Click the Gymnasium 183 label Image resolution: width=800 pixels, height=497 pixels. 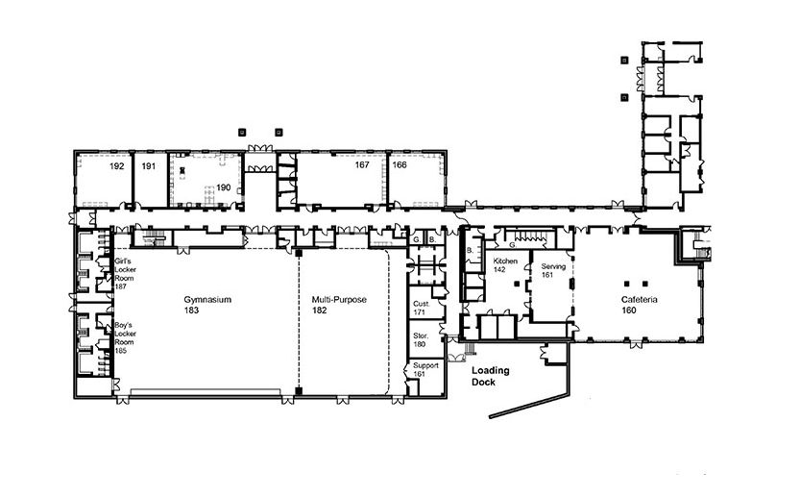[x=207, y=305]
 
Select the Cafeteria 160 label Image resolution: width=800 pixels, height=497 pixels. [x=639, y=305]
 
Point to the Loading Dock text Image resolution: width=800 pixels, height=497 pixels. [x=491, y=376]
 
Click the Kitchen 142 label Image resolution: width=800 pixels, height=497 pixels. [x=505, y=265]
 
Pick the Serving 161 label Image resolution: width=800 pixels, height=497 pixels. [x=553, y=271]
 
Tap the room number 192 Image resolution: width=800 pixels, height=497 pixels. [x=117, y=166]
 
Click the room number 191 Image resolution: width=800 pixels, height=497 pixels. [x=149, y=166]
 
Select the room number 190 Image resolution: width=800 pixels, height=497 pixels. [x=224, y=187]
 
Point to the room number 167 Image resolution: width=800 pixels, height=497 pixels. [x=362, y=165]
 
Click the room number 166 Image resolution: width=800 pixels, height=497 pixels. [x=400, y=165]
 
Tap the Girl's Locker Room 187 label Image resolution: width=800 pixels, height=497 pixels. [x=125, y=274]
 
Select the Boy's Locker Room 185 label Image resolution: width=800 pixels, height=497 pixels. [x=125, y=337]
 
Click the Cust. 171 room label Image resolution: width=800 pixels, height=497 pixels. [x=422, y=308]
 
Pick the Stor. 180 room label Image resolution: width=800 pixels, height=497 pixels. [x=421, y=339]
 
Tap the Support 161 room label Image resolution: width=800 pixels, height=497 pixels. [x=425, y=369]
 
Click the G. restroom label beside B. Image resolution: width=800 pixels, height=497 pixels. [x=417, y=239]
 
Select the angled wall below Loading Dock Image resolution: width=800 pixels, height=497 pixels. [x=529, y=405]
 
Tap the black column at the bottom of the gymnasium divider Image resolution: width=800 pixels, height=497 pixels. [x=299, y=391]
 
